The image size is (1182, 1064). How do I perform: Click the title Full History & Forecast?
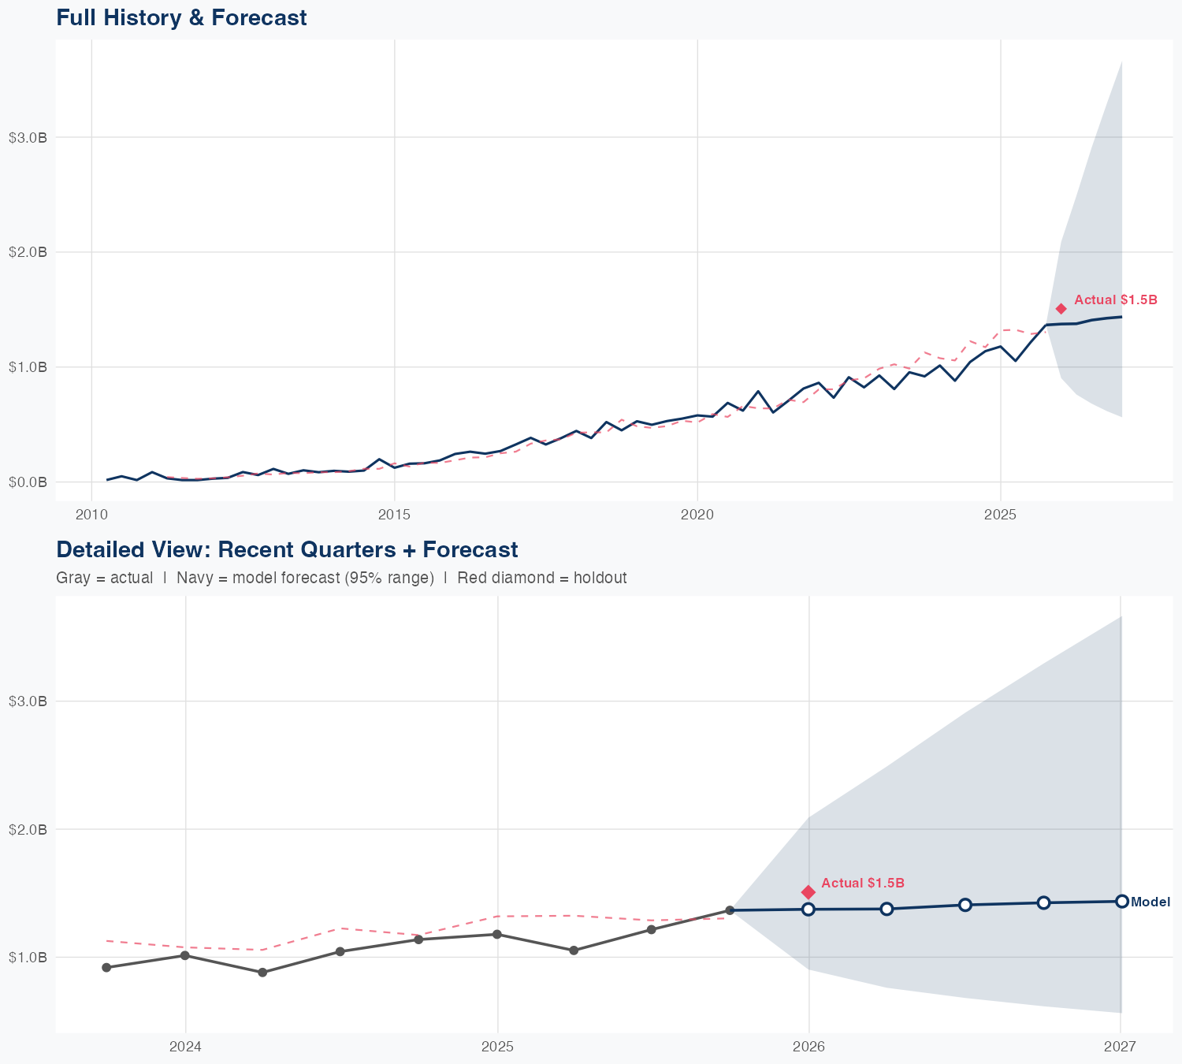181,17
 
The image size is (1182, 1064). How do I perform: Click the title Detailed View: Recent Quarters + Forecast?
287,549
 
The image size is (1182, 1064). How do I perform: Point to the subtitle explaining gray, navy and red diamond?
341,578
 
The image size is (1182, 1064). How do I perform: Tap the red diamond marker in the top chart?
1061,309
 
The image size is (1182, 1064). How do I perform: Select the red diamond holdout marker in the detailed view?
808,892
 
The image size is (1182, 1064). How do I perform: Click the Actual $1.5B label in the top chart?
1116,300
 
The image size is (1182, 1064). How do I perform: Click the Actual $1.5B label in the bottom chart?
862,884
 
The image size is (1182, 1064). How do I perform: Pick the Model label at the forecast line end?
1150,902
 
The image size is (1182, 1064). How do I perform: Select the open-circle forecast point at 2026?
808,910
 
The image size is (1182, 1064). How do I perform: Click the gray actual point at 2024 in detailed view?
185,955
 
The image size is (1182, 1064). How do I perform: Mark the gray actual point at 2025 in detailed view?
497,935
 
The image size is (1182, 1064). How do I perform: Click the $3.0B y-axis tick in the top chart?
28,138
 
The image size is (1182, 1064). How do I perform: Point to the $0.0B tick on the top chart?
28,482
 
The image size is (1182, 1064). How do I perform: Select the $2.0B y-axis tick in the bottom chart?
28,829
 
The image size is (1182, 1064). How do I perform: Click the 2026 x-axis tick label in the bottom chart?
808,1047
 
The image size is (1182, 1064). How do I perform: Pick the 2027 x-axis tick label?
1120,1047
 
